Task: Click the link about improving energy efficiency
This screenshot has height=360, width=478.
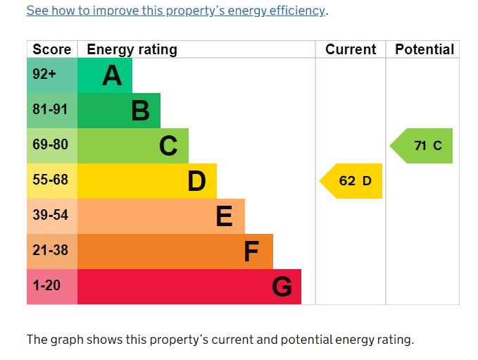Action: (175, 11)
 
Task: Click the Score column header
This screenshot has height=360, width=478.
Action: (52, 49)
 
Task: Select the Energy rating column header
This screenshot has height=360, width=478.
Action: (132, 50)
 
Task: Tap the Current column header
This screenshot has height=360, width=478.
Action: (351, 49)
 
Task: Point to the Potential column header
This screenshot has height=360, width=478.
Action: (424, 49)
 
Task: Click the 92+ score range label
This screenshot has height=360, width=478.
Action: (44, 74)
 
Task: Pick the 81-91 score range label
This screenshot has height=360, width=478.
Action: (50, 109)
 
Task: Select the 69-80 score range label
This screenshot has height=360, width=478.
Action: (50, 144)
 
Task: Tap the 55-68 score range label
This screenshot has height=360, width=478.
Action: (50, 180)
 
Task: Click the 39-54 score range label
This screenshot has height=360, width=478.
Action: (50, 215)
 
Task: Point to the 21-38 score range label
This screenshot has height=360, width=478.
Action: (50, 250)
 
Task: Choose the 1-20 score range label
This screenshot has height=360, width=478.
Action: (46, 285)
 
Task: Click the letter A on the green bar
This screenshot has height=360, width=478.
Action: (112, 75)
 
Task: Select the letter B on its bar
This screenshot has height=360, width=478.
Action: (141, 111)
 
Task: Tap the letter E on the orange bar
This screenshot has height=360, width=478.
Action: (225, 216)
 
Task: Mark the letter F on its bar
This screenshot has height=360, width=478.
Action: (251, 252)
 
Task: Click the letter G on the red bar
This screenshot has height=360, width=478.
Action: (282, 287)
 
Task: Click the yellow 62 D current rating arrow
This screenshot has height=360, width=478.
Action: (351, 181)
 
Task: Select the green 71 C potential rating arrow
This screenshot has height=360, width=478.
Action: (421, 146)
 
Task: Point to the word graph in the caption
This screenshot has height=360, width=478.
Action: (67, 340)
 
